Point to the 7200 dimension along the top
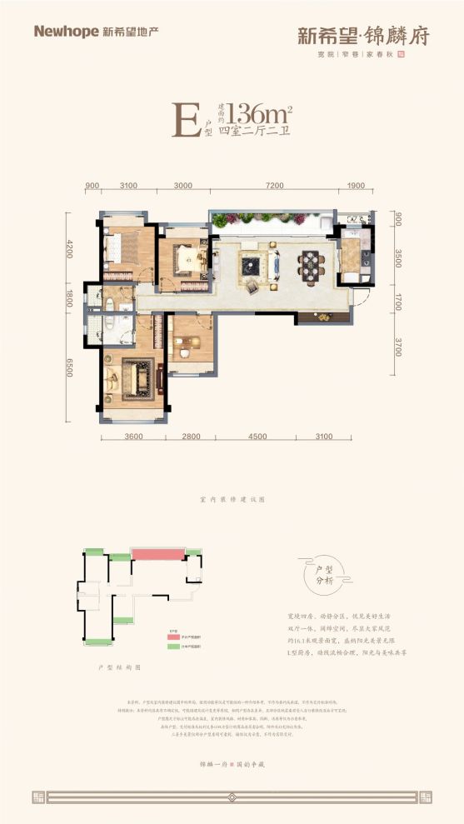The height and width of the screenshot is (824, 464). [275, 186]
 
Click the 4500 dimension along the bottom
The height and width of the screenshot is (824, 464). [257, 436]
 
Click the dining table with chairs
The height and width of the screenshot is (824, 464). [312, 266]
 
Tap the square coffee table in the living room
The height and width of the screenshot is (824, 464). [252, 266]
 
